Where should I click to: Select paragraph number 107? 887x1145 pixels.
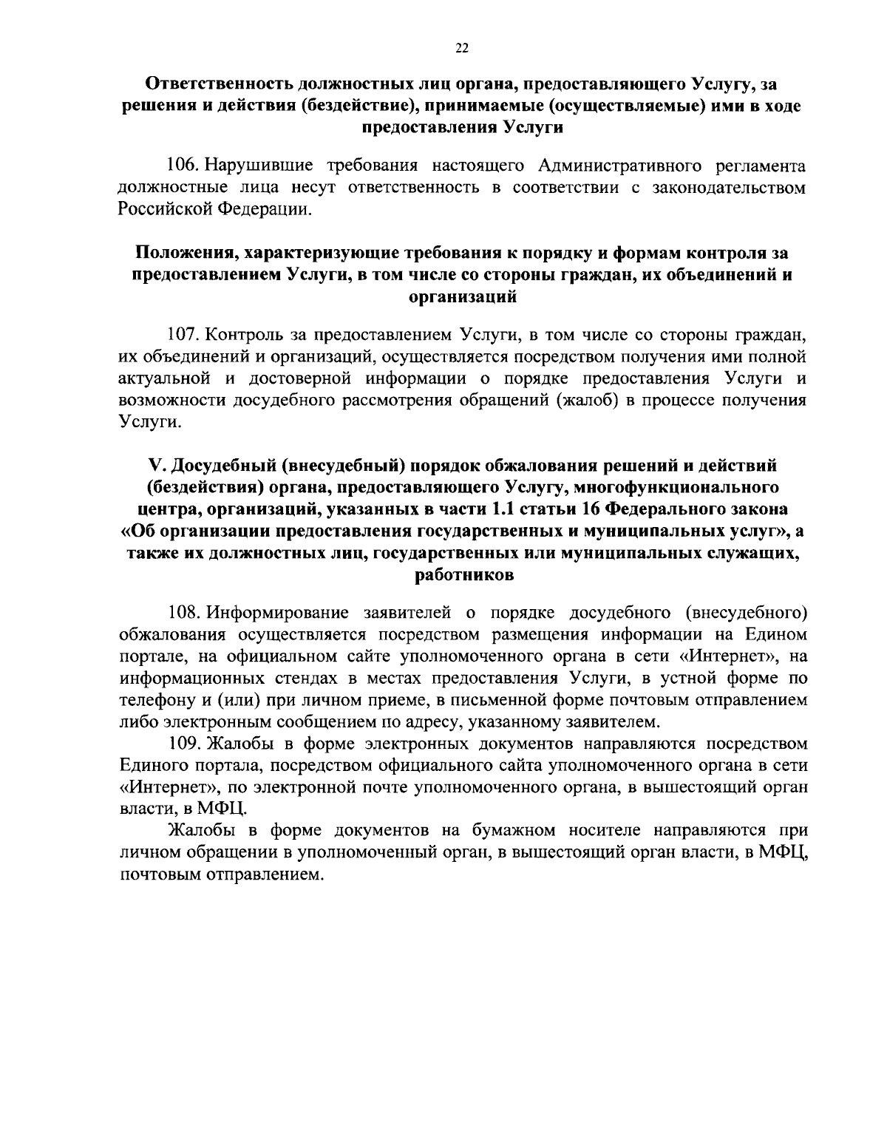point(184,334)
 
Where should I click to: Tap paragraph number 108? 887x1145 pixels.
point(184,612)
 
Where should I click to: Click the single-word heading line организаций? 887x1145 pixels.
point(462,298)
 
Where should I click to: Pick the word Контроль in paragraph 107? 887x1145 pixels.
point(249,334)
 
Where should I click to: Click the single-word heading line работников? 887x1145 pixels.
point(462,574)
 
